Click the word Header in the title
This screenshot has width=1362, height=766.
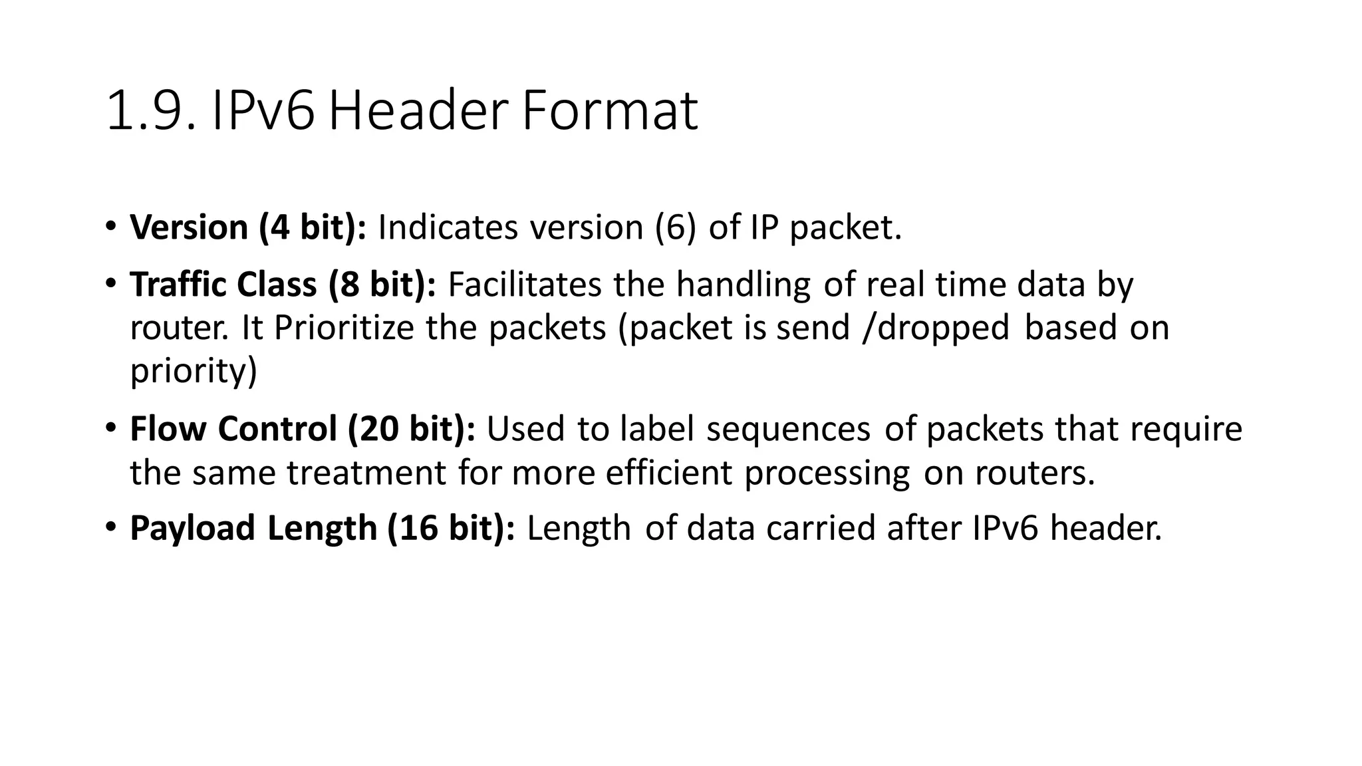418,110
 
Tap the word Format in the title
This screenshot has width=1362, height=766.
609,110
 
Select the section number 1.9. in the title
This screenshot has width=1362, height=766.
151,110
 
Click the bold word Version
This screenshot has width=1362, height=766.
189,227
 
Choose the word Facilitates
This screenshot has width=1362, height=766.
524,285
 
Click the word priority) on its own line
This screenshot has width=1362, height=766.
194,371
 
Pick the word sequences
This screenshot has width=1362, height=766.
788,429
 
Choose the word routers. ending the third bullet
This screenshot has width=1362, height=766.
1034,473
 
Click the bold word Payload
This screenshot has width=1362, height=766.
193,529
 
